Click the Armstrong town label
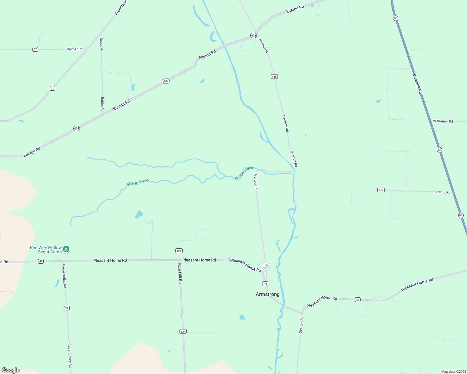268,294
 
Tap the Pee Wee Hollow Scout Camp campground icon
66,249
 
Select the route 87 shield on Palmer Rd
35,49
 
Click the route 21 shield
52,88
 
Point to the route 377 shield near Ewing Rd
381,190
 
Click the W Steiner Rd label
443,121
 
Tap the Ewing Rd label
443,192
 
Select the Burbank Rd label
417,84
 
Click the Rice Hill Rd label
180,273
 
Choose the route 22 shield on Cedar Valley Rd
66,308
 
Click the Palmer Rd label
75,49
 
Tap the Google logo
11,370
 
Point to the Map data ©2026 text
453,372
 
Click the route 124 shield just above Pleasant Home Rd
179,251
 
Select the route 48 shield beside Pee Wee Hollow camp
41,261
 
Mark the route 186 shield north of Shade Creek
274,76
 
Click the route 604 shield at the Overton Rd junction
253,36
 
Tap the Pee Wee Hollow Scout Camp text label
46,250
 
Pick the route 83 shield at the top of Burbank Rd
396,18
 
